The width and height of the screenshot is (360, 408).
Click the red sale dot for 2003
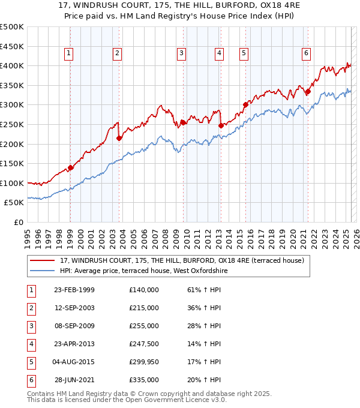(119, 138)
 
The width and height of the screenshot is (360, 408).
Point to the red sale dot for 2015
(245, 104)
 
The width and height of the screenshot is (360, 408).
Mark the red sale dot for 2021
(308, 91)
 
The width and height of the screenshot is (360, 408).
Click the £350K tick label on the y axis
(12, 86)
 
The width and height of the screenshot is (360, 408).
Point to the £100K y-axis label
(12, 184)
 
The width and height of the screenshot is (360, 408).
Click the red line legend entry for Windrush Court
(182, 260)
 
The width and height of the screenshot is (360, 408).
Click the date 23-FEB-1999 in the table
(74, 290)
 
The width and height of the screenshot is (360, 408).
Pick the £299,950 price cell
(144, 362)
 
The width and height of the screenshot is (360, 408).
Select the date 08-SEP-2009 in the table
(74, 326)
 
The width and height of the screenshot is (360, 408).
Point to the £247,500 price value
(144, 344)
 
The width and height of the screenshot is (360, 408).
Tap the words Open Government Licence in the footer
(184, 400)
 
